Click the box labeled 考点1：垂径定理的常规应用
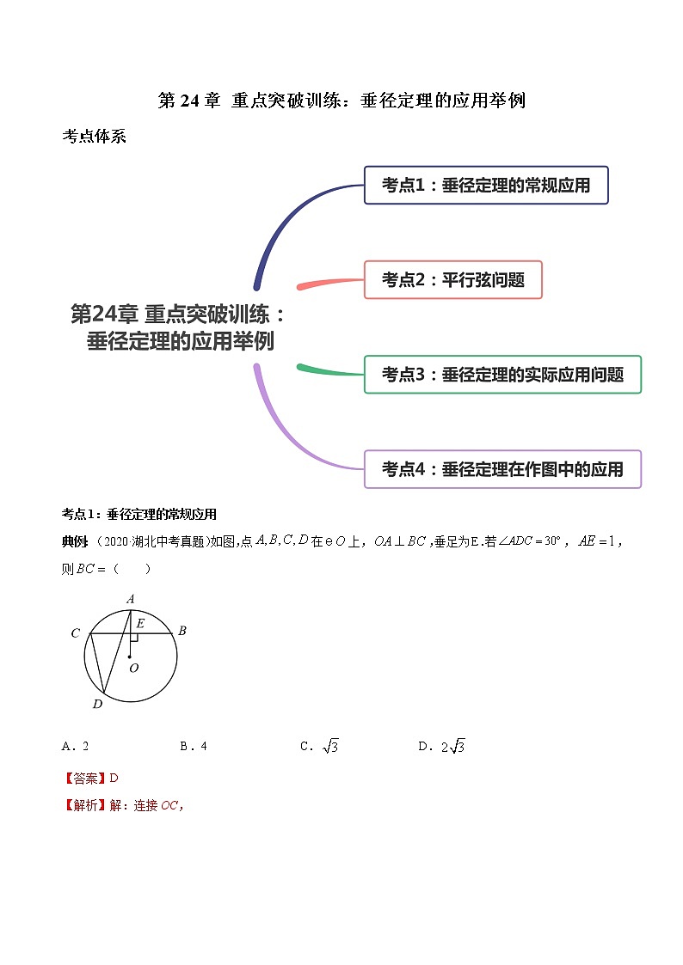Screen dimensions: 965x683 486,185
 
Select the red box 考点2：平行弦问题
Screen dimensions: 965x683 452,279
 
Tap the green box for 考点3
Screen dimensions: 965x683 502,374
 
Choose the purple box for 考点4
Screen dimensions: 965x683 502,469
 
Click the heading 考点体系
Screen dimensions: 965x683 94,137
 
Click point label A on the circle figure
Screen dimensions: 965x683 131,599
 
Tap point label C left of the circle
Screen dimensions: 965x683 76,634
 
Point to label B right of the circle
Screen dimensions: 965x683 182,631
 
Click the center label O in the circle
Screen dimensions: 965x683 133,668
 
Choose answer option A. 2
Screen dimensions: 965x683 76,747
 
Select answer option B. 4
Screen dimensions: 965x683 194,747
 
